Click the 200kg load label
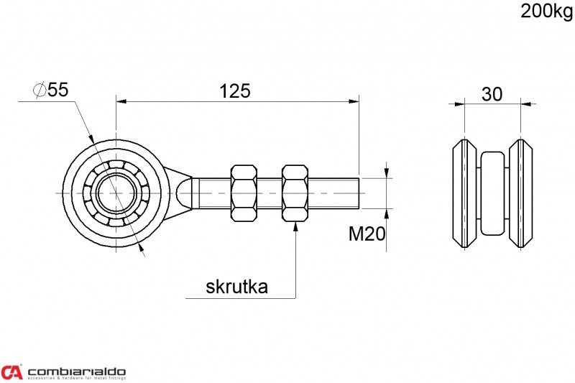click(546, 11)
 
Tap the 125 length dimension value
click(235, 91)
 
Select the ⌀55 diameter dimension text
click(51, 89)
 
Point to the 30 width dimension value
click(492, 94)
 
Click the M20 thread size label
click(367, 234)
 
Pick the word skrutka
click(236, 286)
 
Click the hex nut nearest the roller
click(244, 193)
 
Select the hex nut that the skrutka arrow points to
click(295, 193)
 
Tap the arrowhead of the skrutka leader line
click(295, 226)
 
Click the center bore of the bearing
click(116, 193)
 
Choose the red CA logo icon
click(11, 372)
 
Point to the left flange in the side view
click(464, 193)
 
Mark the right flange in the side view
click(520, 193)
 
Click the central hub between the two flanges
click(492, 193)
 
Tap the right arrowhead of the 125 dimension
click(354, 101)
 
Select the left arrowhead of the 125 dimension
click(121, 101)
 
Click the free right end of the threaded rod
click(358, 193)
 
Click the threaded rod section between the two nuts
click(269, 193)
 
